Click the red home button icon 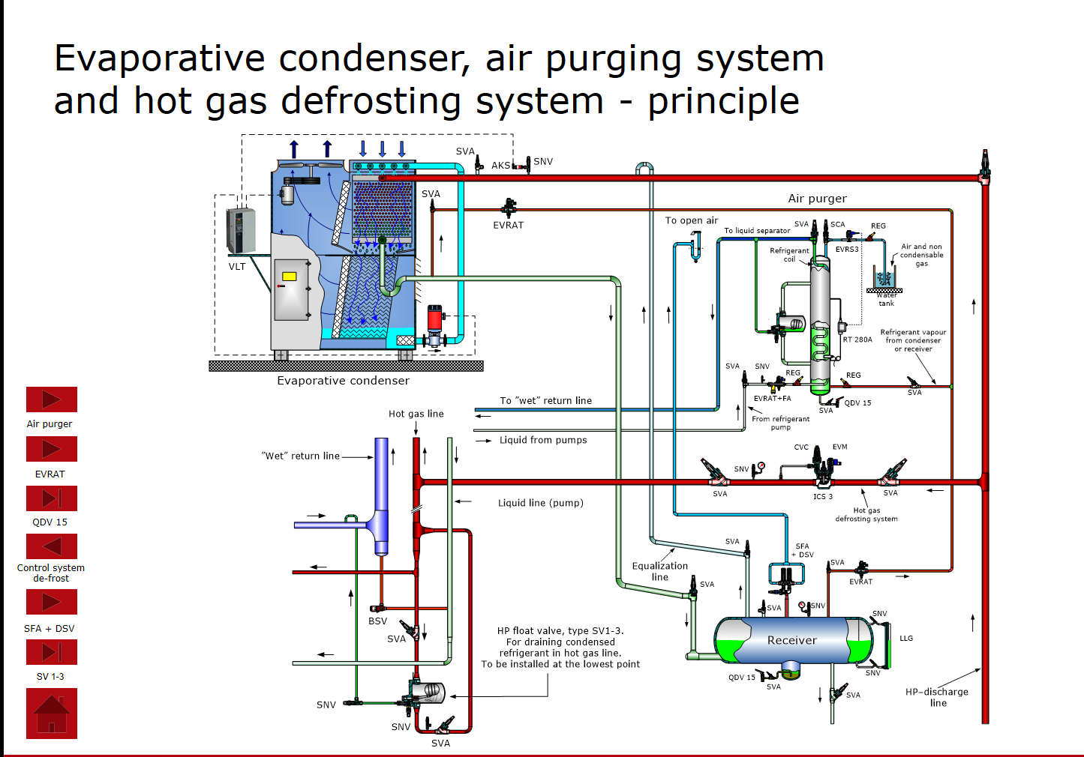pos(52,714)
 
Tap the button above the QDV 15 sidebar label pos(52,498)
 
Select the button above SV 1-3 pos(52,652)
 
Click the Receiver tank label pos(791,640)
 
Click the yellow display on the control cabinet pos(289,276)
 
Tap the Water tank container pos(884,279)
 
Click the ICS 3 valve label pos(823,496)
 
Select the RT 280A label pos(857,340)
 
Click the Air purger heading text pos(817,199)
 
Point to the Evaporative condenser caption pos(343,381)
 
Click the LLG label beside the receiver pos(906,639)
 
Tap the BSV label pos(377,621)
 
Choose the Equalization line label pos(659,571)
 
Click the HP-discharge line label pos(937,697)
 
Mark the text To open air pos(691,220)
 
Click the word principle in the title pos(723,101)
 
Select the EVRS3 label pos(847,250)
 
